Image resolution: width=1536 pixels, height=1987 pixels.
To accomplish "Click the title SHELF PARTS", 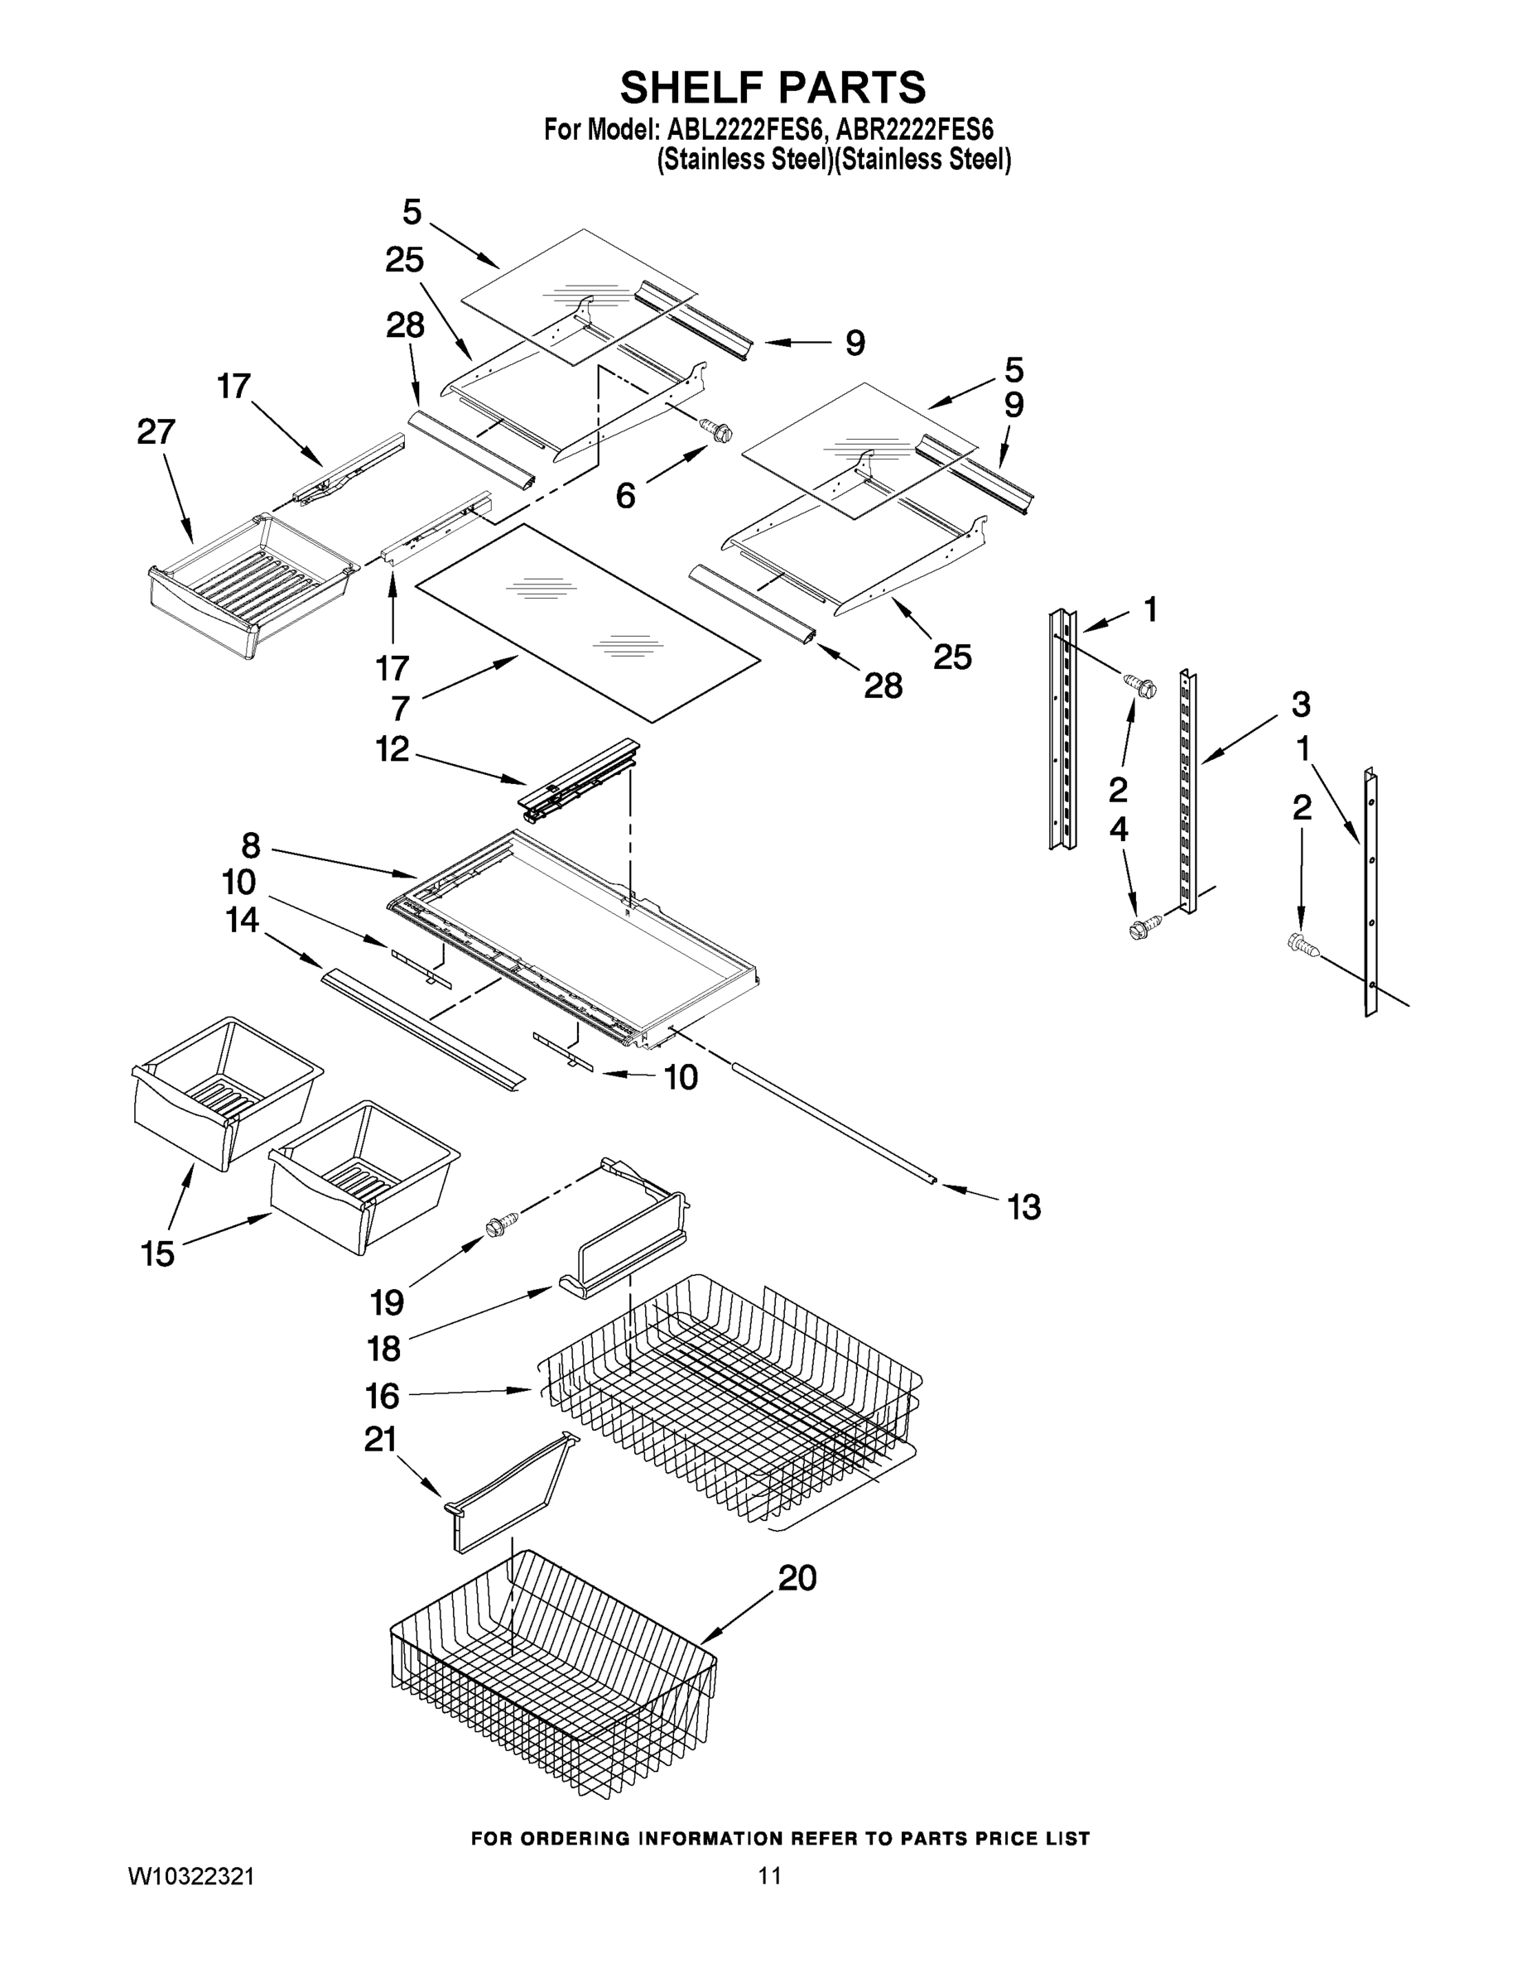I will tap(773, 89).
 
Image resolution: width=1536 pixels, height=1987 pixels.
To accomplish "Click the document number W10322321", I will tap(190, 1876).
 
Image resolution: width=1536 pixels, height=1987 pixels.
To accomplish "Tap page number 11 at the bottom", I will tap(770, 1876).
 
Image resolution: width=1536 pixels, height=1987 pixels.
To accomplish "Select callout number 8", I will tap(251, 845).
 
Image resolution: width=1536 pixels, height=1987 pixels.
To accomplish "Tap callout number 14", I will tap(242, 920).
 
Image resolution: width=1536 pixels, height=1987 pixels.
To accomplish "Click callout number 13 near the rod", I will tap(1023, 1207).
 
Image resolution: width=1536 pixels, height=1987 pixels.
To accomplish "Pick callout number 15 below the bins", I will tap(157, 1253).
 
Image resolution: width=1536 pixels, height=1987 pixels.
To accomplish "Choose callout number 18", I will tap(384, 1349).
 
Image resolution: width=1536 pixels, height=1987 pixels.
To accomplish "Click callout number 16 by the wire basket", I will tap(383, 1396).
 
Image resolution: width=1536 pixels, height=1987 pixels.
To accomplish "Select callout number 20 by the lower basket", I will tap(797, 1577).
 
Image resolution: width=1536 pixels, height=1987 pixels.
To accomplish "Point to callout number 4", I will tap(1119, 829).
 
